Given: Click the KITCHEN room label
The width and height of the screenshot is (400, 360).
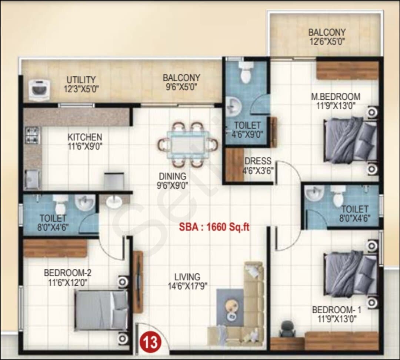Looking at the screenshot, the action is click(85, 137).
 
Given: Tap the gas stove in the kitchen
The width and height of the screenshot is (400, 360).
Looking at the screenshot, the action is click(32, 135).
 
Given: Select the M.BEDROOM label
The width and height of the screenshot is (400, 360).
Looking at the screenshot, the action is click(336, 97).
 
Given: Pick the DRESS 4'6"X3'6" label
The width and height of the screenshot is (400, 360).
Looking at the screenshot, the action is click(258, 166).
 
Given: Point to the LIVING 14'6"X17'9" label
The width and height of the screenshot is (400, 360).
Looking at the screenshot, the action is click(187, 281).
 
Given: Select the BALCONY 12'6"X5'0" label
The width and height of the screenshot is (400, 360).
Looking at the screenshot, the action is click(327, 37).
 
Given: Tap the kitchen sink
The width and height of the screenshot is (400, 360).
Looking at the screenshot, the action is click(33, 179).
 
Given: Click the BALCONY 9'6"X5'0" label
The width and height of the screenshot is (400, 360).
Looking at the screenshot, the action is click(181, 82).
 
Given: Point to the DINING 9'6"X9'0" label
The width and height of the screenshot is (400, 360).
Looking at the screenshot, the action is click(173, 181).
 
